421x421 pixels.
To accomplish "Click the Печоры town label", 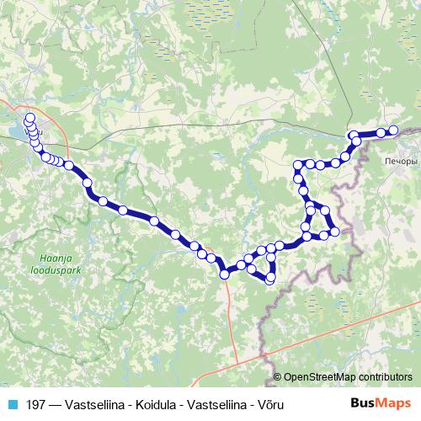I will tap(399, 160).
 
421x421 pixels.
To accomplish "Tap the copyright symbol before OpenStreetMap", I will tap(279, 376).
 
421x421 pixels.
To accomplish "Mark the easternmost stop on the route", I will tap(393, 130).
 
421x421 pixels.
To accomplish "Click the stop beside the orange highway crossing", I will tap(225, 274).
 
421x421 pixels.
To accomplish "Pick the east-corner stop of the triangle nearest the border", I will tap(335, 231).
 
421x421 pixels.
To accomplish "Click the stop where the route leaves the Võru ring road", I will tap(68, 165).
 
